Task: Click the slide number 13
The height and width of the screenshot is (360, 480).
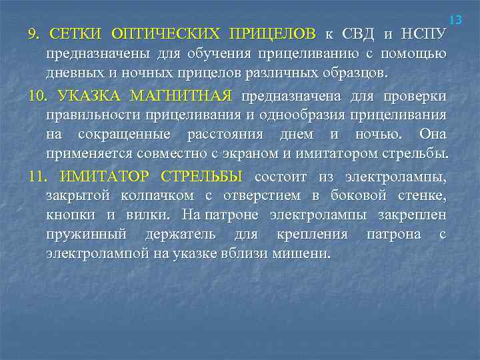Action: tap(457, 20)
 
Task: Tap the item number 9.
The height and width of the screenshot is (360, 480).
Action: tap(33, 33)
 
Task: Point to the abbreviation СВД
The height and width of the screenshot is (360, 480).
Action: tap(361, 33)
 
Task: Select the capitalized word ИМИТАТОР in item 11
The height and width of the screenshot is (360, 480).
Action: tap(102, 177)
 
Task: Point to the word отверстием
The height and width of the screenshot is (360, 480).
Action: tap(261, 196)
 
